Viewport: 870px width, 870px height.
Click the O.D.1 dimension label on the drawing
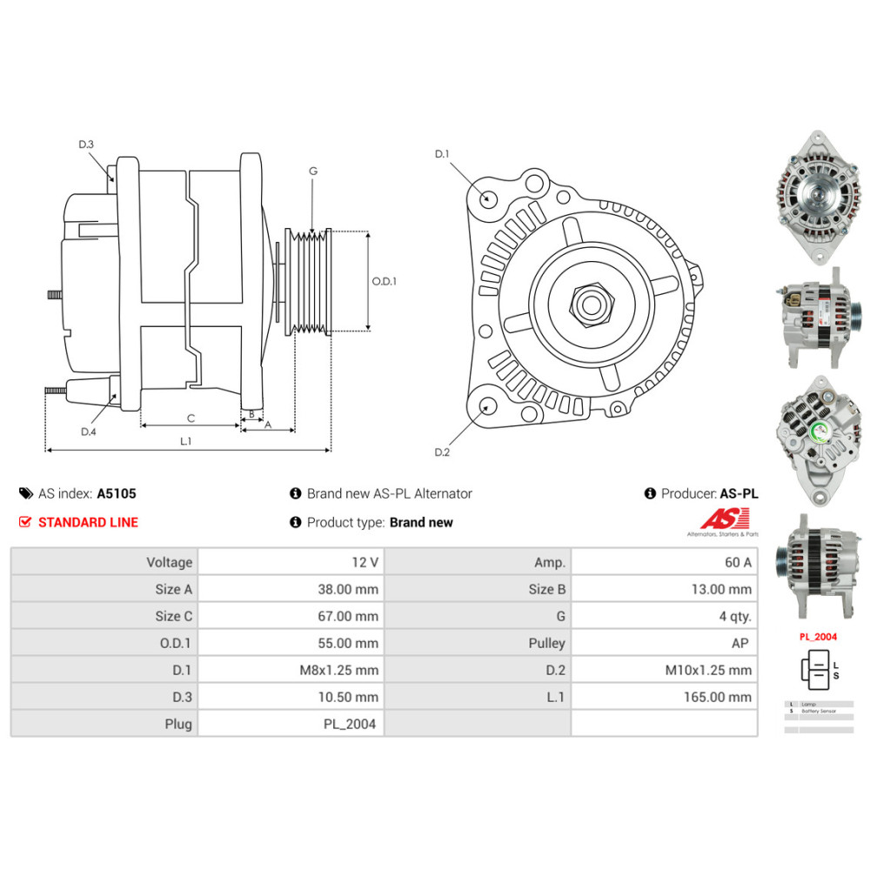tap(384, 282)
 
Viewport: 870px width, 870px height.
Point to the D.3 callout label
tap(85, 144)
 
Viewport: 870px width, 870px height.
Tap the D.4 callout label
tap(87, 432)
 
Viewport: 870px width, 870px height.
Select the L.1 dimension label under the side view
tap(185, 441)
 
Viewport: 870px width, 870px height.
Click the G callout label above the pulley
tap(312, 171)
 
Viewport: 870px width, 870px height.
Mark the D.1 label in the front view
tap(442, 154)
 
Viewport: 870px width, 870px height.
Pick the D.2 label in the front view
tap(442, 452)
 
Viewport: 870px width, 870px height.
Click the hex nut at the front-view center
tap(591, 304)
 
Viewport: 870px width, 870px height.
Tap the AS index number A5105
tap(116, 493)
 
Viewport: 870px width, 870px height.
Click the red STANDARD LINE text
tap(88, 522)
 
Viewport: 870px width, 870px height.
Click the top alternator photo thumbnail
tap(817, 198)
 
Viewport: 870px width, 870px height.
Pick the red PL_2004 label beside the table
tap(818, 637)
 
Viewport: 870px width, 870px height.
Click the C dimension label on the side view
tap(190, 418)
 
